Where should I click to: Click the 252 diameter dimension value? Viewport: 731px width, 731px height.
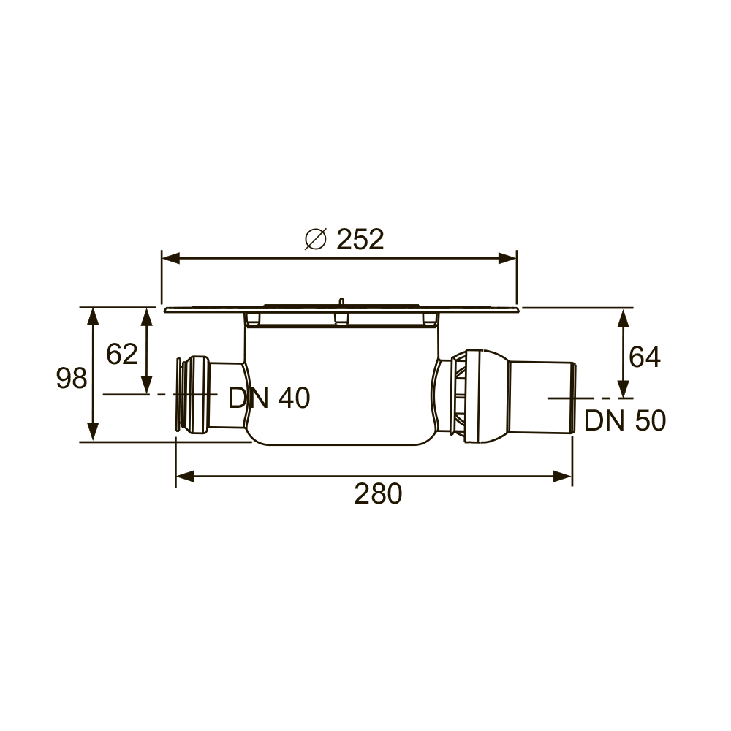[x=360, y=239]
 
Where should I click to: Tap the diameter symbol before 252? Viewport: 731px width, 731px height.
[x=315, y=239]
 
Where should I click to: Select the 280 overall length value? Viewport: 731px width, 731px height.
[x=378, y=493]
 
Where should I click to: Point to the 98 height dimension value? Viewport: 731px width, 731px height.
[x=72, y=378]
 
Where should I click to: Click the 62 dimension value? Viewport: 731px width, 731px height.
[x=122, y=355]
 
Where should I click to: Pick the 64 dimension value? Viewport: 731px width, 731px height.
[x=645, y=357]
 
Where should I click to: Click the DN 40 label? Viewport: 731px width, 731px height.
[x=269, y=398]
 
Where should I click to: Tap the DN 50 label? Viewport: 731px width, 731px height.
[x=625, y=420]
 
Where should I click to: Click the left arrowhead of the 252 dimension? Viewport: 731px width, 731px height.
[x=170, y=258]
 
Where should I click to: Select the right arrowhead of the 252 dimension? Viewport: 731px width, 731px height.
[x=507, y=258]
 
